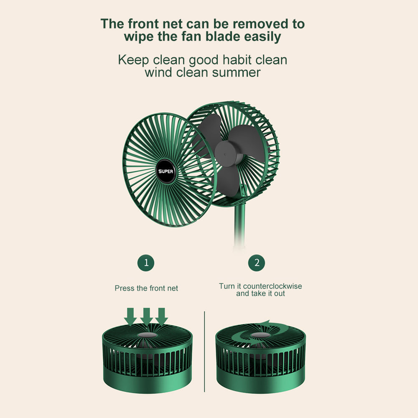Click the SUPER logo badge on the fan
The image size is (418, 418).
pos(166,171)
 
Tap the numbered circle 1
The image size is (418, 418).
pos(146,263)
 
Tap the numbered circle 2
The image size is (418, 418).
pos(257,263)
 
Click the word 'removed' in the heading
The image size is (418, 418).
pos(261,24)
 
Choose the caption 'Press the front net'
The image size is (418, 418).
pos(146,288)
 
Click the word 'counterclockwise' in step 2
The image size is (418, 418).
pos(273,286)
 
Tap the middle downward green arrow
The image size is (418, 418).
pos(146,316)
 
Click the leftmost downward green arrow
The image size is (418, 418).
pos(130,316)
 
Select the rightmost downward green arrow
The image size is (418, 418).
pos(161,316)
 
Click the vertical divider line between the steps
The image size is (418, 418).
pos(204,352)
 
